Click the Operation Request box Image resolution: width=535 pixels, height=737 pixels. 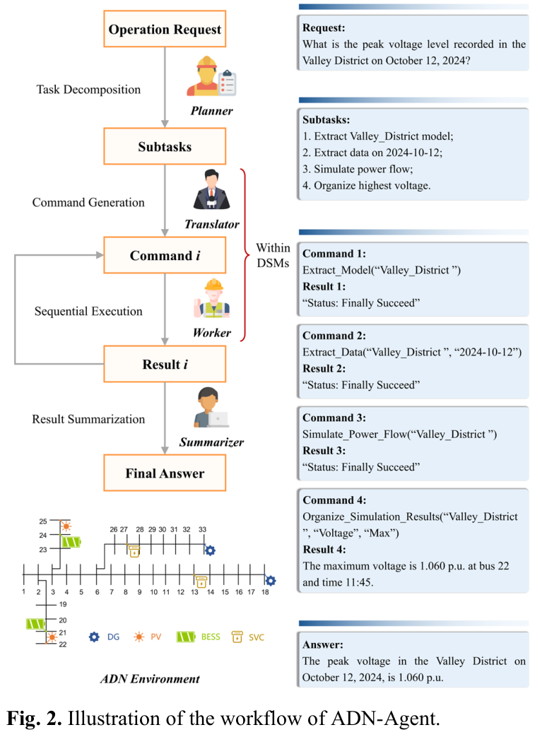[x=165, y=29]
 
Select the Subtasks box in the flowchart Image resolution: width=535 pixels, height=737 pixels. [x=165, y=146]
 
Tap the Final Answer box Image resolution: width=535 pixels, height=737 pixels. [x=165, y=473]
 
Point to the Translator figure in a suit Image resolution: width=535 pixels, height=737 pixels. [x=210, y=195]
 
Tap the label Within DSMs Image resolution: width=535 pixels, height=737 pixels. [x=273, y=255]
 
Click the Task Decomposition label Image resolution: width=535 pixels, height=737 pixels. [x=88, y=90]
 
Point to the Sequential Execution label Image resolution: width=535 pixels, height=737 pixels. [x=88, y=311]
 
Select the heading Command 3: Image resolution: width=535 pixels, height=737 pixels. [x=334, y=418]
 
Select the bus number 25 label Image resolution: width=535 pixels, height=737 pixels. [x=42, y=521]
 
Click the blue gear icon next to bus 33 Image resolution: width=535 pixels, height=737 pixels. [x=209, y=550]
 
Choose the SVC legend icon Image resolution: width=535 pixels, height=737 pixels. [x=237, y=637]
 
